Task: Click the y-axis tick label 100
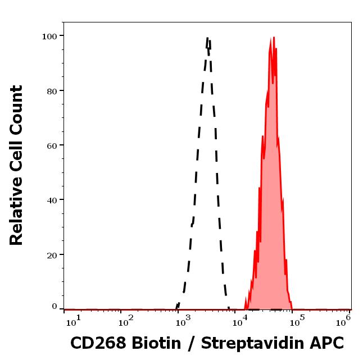pyautogui.click(x=49, y=37)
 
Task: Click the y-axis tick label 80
pyautogui.click(x=52, y=91)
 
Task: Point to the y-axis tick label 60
pyautogui.click(x=52, y=145)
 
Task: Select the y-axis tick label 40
pyautogui.click(x=52, y=200)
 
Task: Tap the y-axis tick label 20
pyautogui.click(x=52, y=255)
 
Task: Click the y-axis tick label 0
pyautogui.click(x=55, y=307)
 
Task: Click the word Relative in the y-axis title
pyautogui.click(x=17, y=216)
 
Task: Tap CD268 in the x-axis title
pyautogui.click(x=98, y=343)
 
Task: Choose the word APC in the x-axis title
pyautogui.click(x=326, y=343)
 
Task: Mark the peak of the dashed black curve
pyautogui.click(x=208, y=38)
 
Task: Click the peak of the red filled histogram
pyautogui.click(x=274, y=38)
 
